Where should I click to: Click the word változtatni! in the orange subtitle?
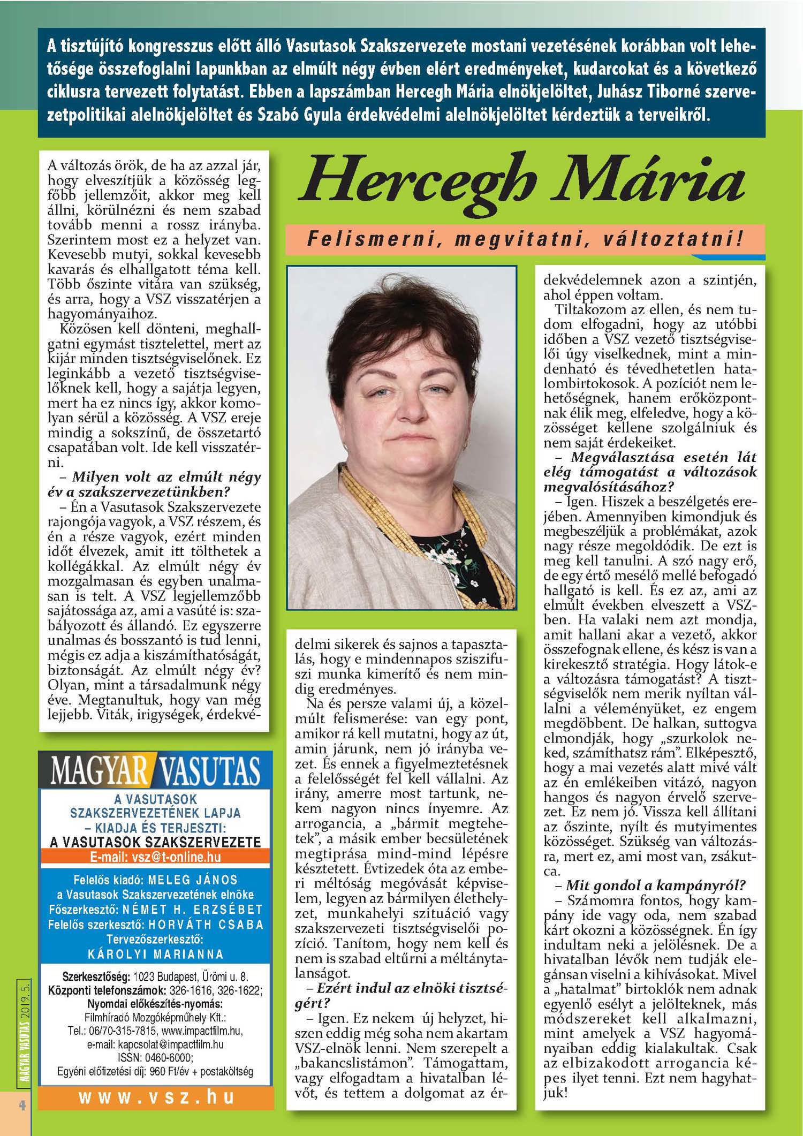click(672, 239)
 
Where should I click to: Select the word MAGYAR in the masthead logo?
click(99, 770)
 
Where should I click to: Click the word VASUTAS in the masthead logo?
click(209, 770)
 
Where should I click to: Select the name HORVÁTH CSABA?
click(206, 925)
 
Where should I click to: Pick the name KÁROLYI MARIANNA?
click(156, 955)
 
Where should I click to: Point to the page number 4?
click(22, 1104)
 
